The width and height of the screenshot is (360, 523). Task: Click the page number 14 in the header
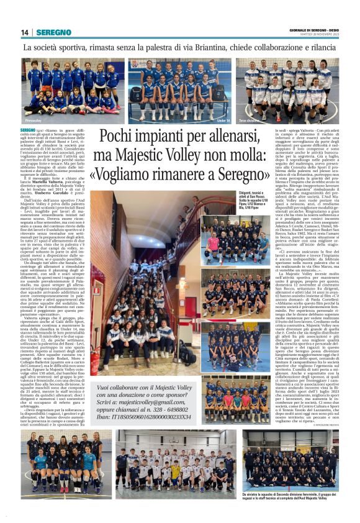click(x=25, y=32)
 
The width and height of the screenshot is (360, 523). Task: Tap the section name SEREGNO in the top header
click(x=54, y=32)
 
